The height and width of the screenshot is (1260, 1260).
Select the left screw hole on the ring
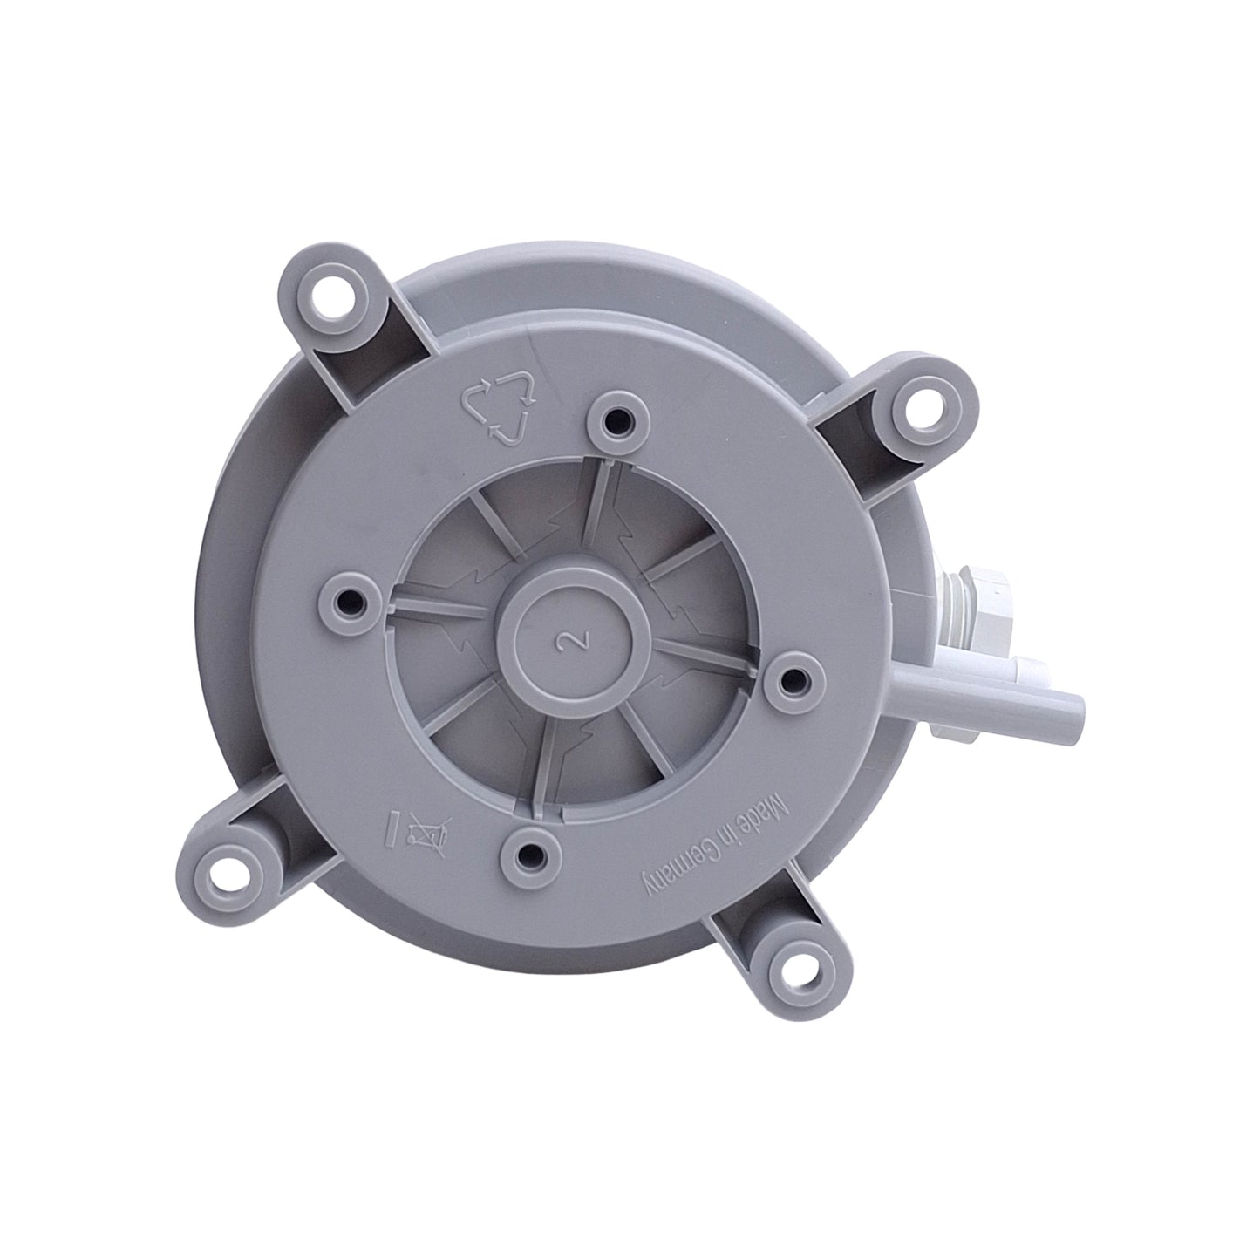pyautogui.click(x=355, y=601)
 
